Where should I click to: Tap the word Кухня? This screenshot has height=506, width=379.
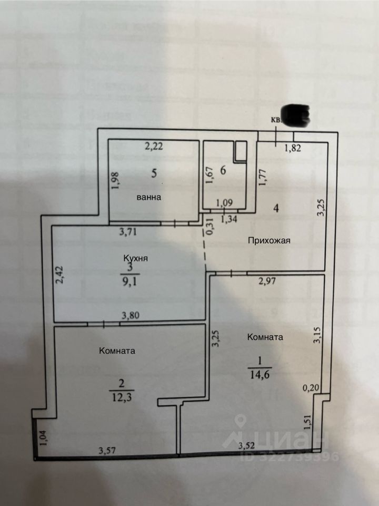click(135, 258)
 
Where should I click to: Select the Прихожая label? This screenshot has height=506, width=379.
click(270, 241)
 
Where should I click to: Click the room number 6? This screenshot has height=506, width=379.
click(223, 171)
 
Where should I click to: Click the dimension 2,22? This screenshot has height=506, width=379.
click(154, 148)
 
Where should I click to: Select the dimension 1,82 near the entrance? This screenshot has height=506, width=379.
click(293, 148)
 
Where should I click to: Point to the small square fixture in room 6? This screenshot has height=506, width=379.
click(242, 151)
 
